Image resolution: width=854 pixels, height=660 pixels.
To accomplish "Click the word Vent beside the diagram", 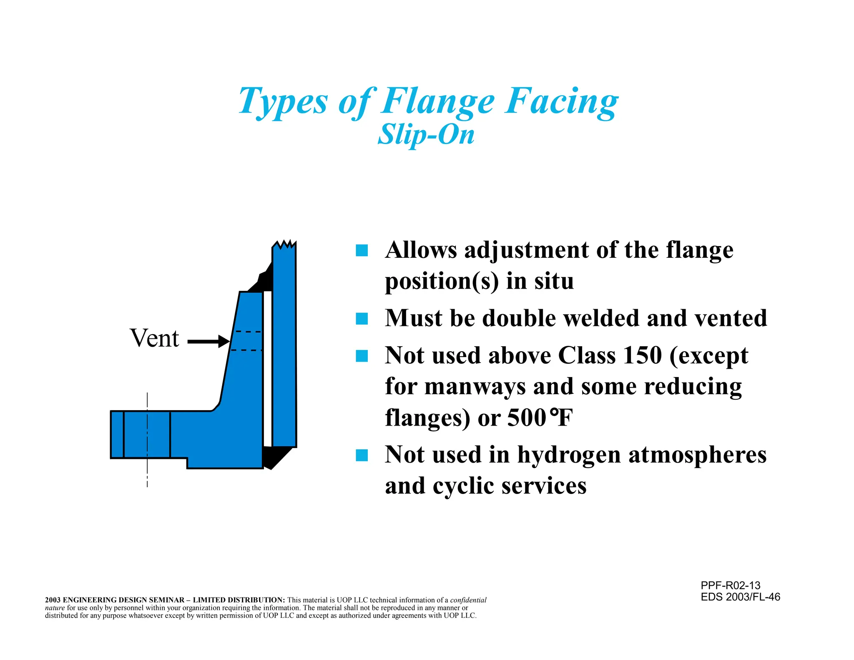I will [x=154, y=338].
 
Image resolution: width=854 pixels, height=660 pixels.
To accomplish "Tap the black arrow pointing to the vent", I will [x=208, y=342].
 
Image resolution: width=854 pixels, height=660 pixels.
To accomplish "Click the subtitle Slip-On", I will [x=426, y=135].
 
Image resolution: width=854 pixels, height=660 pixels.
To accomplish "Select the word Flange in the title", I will [x=438, y=101].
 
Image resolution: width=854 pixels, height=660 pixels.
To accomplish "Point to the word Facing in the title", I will [x=561, y=101].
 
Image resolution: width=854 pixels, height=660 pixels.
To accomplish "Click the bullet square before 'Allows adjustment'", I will [x=362, y=250].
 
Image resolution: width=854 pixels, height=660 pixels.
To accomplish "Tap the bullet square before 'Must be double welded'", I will [x=362, y=319].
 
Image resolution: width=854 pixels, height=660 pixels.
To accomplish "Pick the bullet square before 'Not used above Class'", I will [x=362, y=356].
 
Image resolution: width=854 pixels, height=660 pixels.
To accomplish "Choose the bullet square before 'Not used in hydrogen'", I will [x=362, y=455].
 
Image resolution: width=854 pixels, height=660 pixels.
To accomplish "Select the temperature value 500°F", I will [x=540, y=418].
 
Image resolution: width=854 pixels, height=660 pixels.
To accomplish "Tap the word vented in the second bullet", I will [x=731, y=318].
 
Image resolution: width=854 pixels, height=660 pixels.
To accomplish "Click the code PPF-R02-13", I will [x=731, y=585].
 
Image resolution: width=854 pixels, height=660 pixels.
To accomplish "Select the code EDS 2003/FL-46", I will [x=740, y=597].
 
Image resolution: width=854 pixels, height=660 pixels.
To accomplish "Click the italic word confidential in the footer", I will [x=468, y=600].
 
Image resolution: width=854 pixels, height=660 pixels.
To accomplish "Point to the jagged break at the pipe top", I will [x=284, y=244].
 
